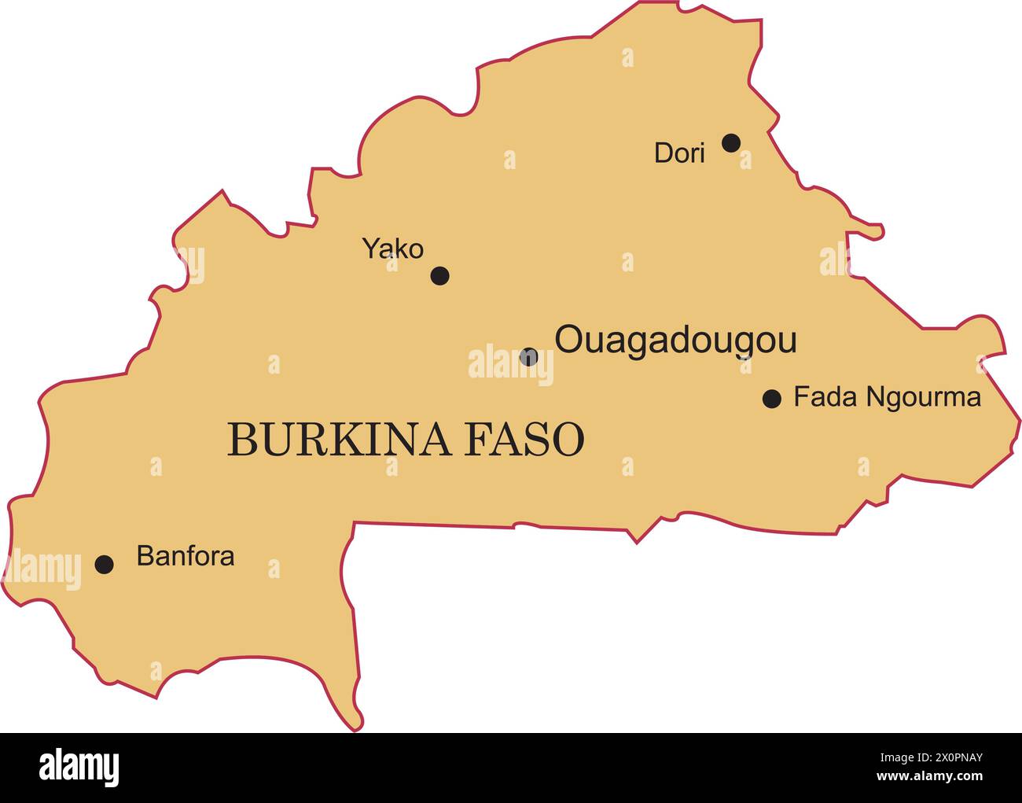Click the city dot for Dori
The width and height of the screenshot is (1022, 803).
tap(731, 142)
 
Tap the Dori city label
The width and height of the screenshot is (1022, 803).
tap(679, 153)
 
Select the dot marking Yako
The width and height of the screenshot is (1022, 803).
tap(440, 275)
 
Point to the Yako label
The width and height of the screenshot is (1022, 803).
tap(392, 249)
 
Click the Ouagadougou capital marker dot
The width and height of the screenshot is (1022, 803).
tap(529, 356)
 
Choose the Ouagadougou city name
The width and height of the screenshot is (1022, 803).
tap(675, 341)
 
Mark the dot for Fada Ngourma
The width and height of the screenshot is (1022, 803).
tap(772, 399)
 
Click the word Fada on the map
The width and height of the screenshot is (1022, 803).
tap(825, 397)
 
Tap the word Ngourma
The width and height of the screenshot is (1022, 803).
tap(923, 398)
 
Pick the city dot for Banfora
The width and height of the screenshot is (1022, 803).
tap(104, 564)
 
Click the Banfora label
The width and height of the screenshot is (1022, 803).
tap(186, 556)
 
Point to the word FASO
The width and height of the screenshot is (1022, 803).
tap(524, 439)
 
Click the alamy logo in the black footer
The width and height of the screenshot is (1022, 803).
tap(79, 768)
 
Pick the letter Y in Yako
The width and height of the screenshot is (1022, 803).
tap(371, 249)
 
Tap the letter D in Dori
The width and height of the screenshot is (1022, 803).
tap(664, 153)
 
